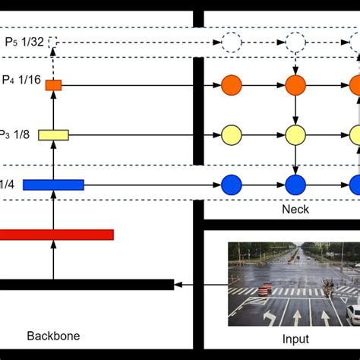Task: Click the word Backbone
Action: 53,335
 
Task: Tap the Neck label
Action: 295,209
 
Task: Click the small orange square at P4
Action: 53,85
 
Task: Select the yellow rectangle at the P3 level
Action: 53,135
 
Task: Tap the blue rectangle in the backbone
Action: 53,185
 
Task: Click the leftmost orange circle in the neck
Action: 231,85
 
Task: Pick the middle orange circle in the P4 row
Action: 295,85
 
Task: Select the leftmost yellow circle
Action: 231,135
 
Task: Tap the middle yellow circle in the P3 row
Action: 295,135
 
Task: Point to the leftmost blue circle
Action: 231,185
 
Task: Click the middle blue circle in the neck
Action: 295,185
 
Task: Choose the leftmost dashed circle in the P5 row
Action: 231,43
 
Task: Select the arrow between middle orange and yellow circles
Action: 295,110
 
